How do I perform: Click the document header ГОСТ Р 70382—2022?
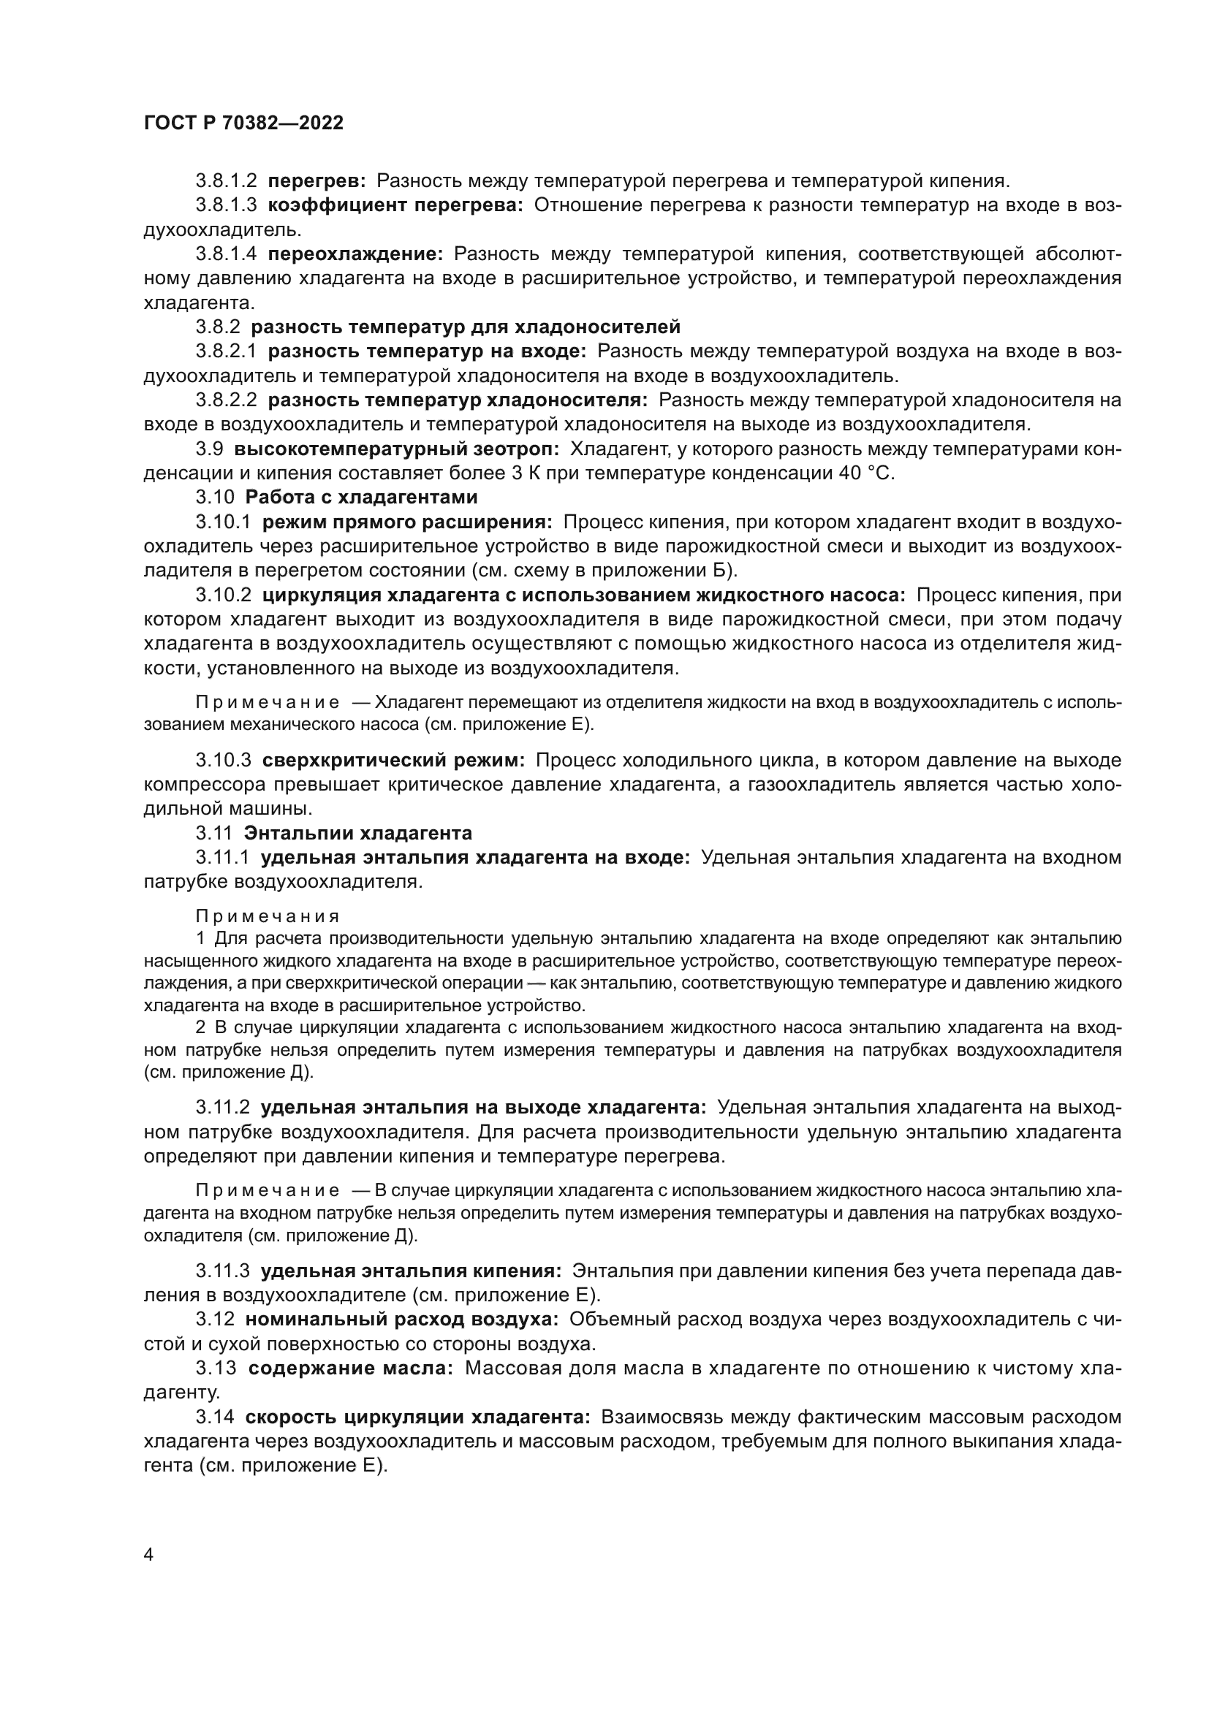(243, 123)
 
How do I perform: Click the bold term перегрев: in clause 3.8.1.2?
(317, 181)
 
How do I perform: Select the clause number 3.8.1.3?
(227, 205)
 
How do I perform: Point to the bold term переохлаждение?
(355, 254)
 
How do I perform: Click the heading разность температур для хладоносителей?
(466, 327)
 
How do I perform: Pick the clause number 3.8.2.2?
(227, 400)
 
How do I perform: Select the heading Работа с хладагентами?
(361, 498)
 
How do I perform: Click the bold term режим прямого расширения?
(407, 522)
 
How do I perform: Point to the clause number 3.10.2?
(224, 595)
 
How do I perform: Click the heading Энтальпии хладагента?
(357, 833)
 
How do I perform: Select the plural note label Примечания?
(268, 916)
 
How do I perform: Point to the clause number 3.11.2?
(223, 1108)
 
